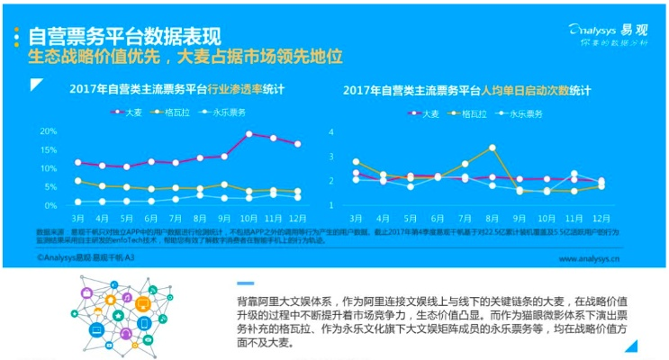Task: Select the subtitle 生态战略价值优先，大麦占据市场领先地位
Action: point(185,57)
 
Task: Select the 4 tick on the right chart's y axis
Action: point(332,132)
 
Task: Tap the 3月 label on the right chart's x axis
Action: point(356,219)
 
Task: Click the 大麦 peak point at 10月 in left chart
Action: point(249,133)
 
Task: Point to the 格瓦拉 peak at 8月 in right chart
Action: point(493,147)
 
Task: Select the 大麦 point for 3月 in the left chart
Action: point(79,163)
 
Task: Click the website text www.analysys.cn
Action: point(589,258)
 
